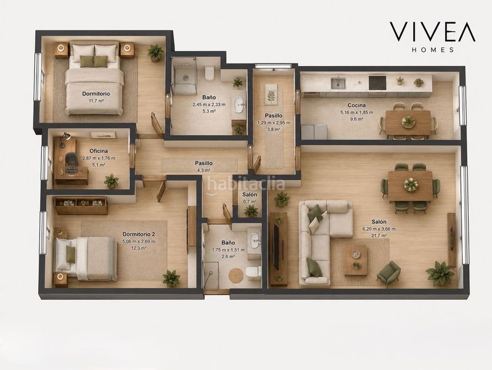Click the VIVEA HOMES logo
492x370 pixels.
(x=432, y=37)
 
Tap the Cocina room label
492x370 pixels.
(x=357, y=105)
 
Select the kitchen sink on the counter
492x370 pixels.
(x=338, y=83)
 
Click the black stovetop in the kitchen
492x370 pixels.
(x=377, y=83)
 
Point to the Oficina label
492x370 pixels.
(x=99, y=151)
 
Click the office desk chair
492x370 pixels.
(x=72, y=158)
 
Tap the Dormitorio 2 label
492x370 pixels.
(x=139, y=234)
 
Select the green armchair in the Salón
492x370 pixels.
(x=388, y=274)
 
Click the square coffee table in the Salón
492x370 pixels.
(x=356, y=260)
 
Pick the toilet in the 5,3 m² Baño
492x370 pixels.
(x=208, y=73)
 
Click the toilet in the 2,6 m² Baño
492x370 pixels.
(x=253, y=273)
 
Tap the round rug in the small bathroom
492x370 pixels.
(x=236, y=276)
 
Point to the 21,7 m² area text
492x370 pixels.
(x=379, y=236)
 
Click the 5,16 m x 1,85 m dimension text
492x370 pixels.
(x=357, y=112)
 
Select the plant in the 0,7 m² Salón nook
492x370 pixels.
(x=251, y=211)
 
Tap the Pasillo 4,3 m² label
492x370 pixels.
(x=203, y=166)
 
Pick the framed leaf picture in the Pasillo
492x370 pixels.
(x=271, y=94)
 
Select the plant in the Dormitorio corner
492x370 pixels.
(x=155, y=52)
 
